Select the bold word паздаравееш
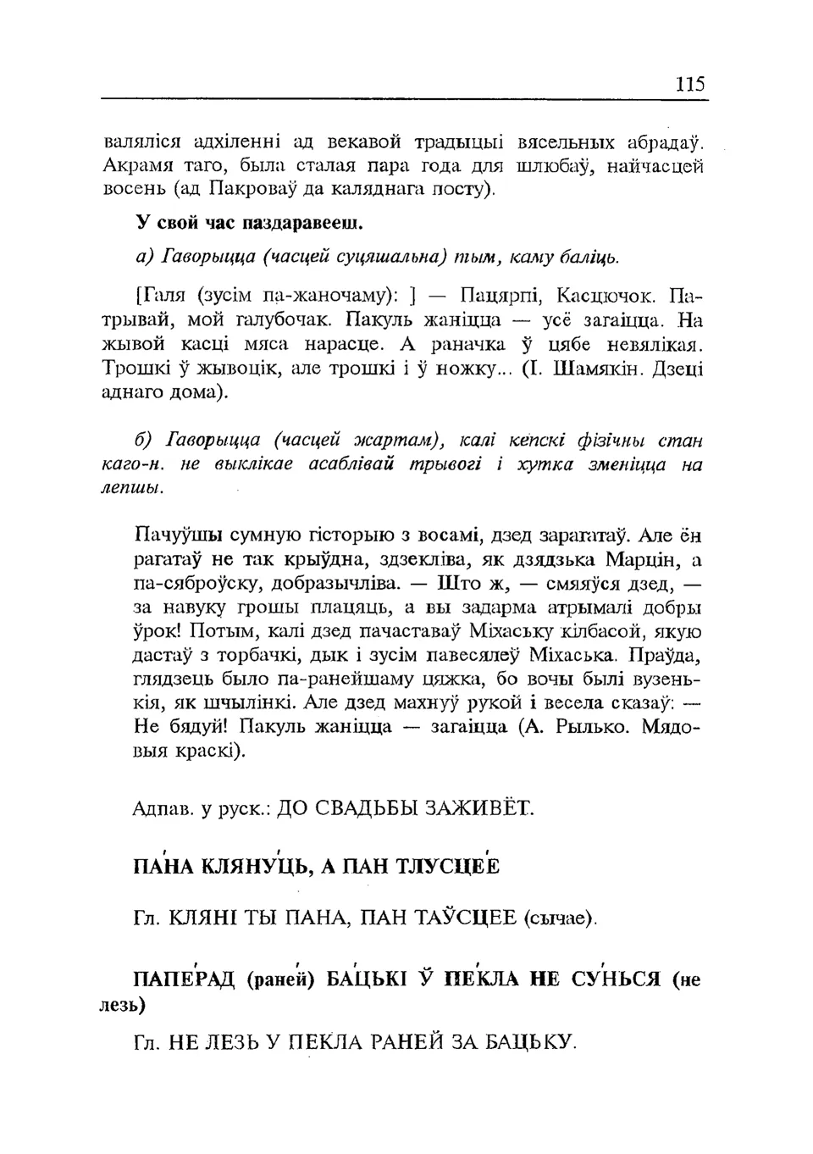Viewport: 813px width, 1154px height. pos(302,224)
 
